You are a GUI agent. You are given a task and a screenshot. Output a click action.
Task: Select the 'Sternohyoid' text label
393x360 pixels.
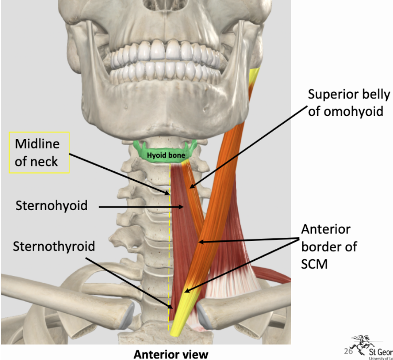(x=51, y=206)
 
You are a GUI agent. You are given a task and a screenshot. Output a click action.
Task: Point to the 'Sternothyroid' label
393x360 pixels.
(x=54, y=246)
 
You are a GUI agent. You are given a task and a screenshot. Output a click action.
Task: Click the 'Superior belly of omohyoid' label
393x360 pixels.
(x=348, y=103)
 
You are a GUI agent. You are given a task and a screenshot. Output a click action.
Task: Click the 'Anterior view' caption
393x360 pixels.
(x=171, y=354)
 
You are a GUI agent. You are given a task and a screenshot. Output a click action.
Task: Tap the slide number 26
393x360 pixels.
(x=347, y=351)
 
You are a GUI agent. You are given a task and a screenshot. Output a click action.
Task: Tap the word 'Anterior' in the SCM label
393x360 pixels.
(x=326, y=229)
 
